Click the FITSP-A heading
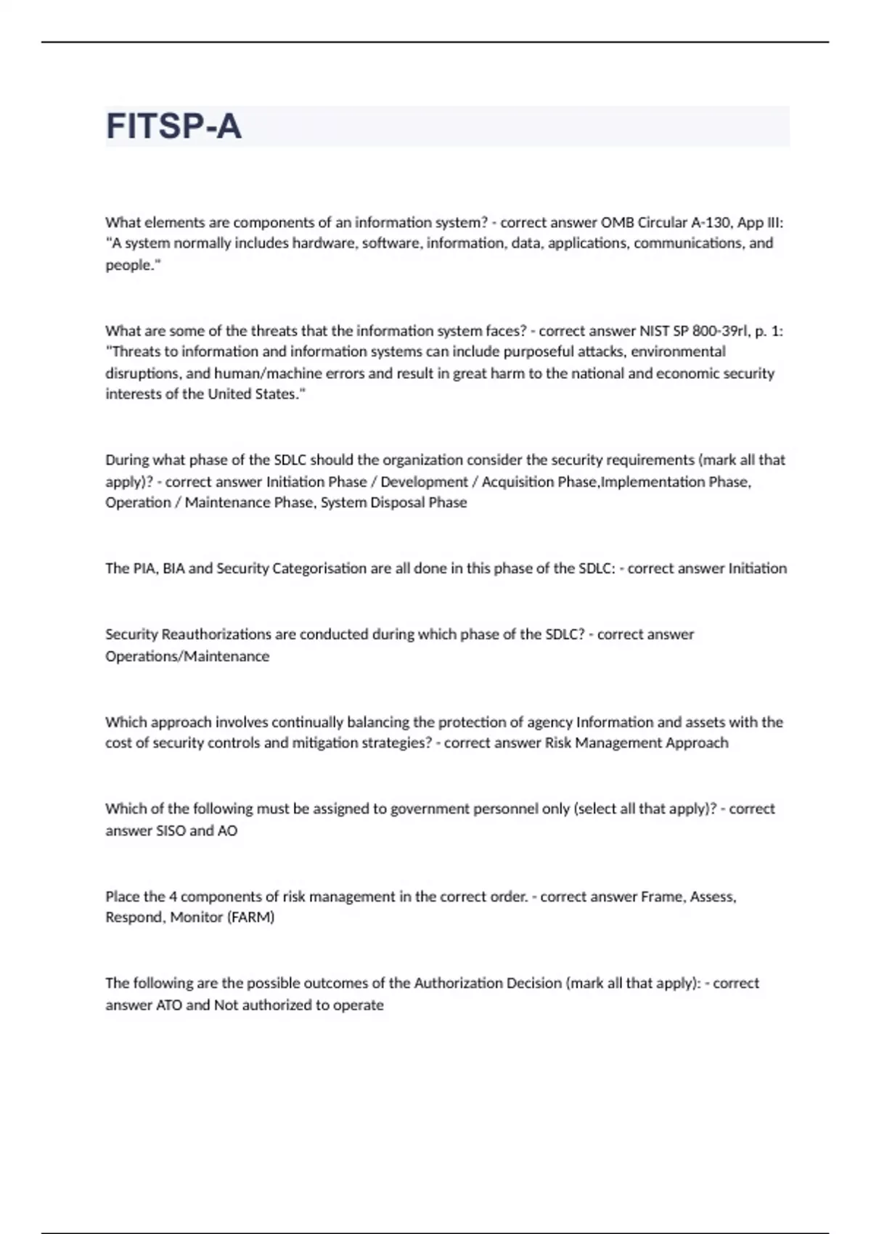(x=173, y=126)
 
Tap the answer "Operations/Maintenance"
(x=187, y=656)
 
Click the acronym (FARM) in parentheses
(x=251, y=918)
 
